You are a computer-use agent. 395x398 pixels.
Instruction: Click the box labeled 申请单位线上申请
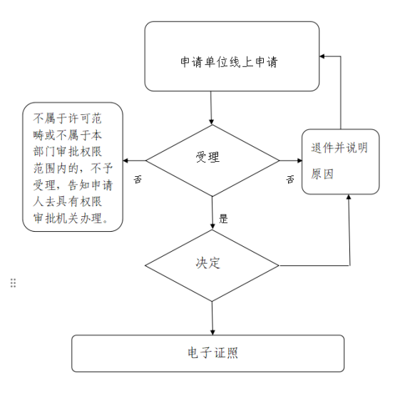tap(232, 56)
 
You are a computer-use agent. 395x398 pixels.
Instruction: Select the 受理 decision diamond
tap(212, 160)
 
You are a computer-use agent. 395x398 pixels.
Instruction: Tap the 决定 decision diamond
tap(212, 265)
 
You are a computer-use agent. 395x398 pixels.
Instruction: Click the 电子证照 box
tap(207, 353)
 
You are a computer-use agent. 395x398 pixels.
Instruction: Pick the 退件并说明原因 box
tap(341, 162)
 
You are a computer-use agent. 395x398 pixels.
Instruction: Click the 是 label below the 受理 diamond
tap(223, 218)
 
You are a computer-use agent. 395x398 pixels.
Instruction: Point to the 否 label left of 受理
tap(138, 179)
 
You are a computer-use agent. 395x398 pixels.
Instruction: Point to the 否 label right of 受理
tap(290, 179)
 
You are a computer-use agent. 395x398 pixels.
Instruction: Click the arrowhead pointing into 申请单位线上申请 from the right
tap(322, 56)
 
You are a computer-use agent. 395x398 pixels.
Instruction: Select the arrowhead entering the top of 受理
tap(212, 122)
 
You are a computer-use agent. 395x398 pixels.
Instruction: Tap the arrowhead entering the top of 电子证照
tap(212, 332)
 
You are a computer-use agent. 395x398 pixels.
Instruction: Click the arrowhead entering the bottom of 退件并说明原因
tap(349, 198)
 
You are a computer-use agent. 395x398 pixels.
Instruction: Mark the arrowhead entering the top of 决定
tap(212, 227)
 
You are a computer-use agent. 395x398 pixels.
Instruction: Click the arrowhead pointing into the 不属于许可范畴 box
tap(125, 160)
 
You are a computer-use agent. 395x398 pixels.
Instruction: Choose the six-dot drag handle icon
tap(13, 282)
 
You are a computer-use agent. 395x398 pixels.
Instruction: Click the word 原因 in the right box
tap(322, 174)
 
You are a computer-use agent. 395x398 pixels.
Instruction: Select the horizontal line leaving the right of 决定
tap(314, 266)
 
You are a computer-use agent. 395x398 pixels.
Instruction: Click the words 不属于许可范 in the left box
tap(67, 118)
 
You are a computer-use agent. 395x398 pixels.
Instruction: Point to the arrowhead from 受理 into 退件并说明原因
tap(299, 160)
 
